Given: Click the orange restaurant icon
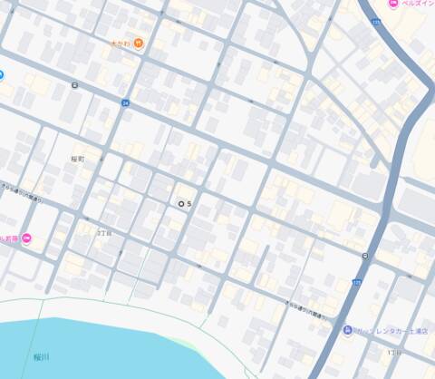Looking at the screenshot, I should point(138,43).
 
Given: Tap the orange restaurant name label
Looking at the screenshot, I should point(120,43).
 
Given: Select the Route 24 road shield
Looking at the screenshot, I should point(125,103).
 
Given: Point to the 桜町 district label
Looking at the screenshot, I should point(77,159).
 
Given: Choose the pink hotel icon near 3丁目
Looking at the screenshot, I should point(26,238).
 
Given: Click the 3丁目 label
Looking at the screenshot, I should point(103,233).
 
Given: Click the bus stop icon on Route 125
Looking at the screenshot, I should point(364,256).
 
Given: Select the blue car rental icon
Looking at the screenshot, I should point(348,330).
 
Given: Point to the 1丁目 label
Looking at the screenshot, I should point(393,351).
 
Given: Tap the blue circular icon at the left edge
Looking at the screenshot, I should point(2,75).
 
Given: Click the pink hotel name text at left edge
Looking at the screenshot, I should point(9,238).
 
